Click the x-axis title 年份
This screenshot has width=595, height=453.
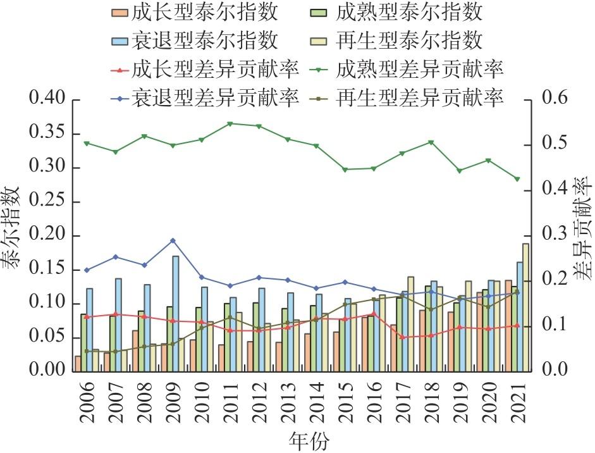[309, 440]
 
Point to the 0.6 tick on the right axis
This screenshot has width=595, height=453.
[555, 100]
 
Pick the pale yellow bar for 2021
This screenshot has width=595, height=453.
[525, 308]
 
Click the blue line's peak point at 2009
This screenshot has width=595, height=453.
[173, 240]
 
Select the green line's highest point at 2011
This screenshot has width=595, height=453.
[230, 123]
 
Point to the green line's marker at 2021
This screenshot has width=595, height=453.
[517, 179]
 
